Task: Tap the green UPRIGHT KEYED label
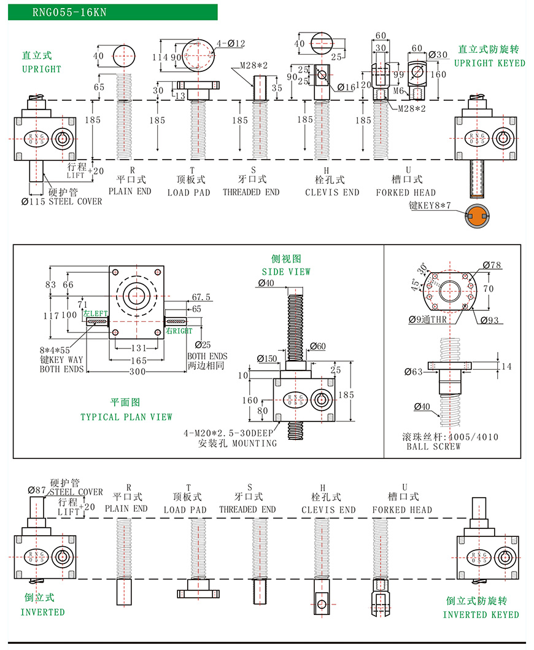pos(489,63)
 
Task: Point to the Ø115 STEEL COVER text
pos(62,202)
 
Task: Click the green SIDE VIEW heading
pos(286,272)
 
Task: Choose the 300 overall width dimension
pos(137,372)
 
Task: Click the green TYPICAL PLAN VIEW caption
pos(126,417)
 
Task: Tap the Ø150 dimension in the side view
pos(267,358)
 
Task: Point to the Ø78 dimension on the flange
pos(492,265)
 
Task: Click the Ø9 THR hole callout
pos(428,319)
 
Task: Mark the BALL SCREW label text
pos(433,447)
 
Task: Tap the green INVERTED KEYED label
pos(481,614)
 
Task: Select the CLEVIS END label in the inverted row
pos(328,510)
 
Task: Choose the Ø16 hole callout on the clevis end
pos(346,87)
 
